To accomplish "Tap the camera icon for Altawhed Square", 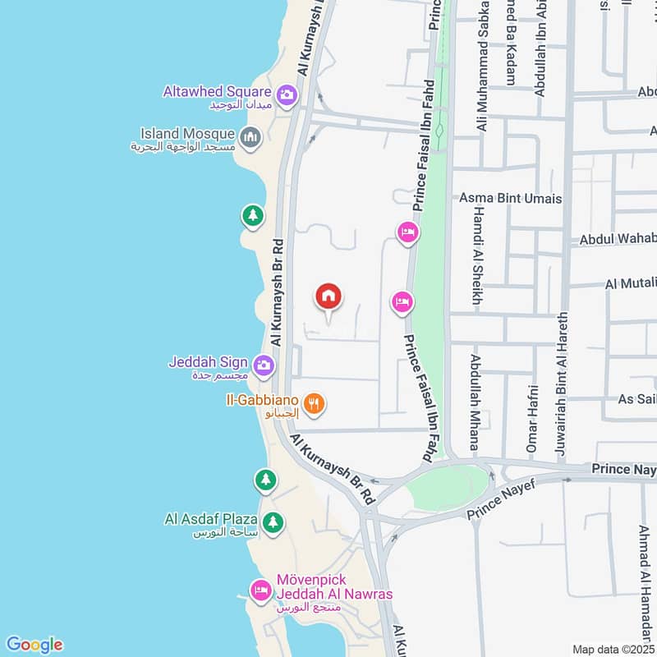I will (287, 95).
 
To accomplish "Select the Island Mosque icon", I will (250, 135).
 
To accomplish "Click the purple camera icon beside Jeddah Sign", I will (263, 365).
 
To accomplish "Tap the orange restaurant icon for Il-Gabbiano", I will (313, 403).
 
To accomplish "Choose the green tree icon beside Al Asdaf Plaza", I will (273, 521).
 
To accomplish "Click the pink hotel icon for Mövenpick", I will (261, 590).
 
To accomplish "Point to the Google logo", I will (34, 645).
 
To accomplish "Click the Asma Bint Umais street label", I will (511, 199).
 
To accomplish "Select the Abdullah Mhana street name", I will (475, 402).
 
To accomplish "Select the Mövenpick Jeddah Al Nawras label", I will (324, 587).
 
